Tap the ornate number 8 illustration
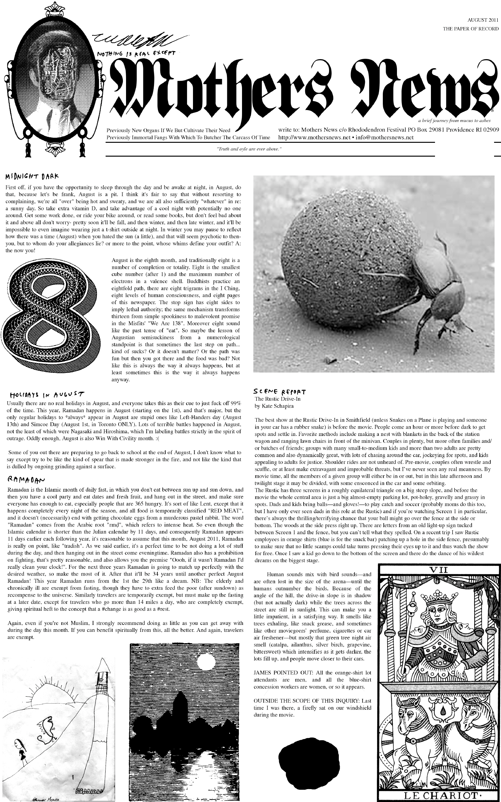click(50, 320)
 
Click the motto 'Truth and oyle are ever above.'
click(249, 149)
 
